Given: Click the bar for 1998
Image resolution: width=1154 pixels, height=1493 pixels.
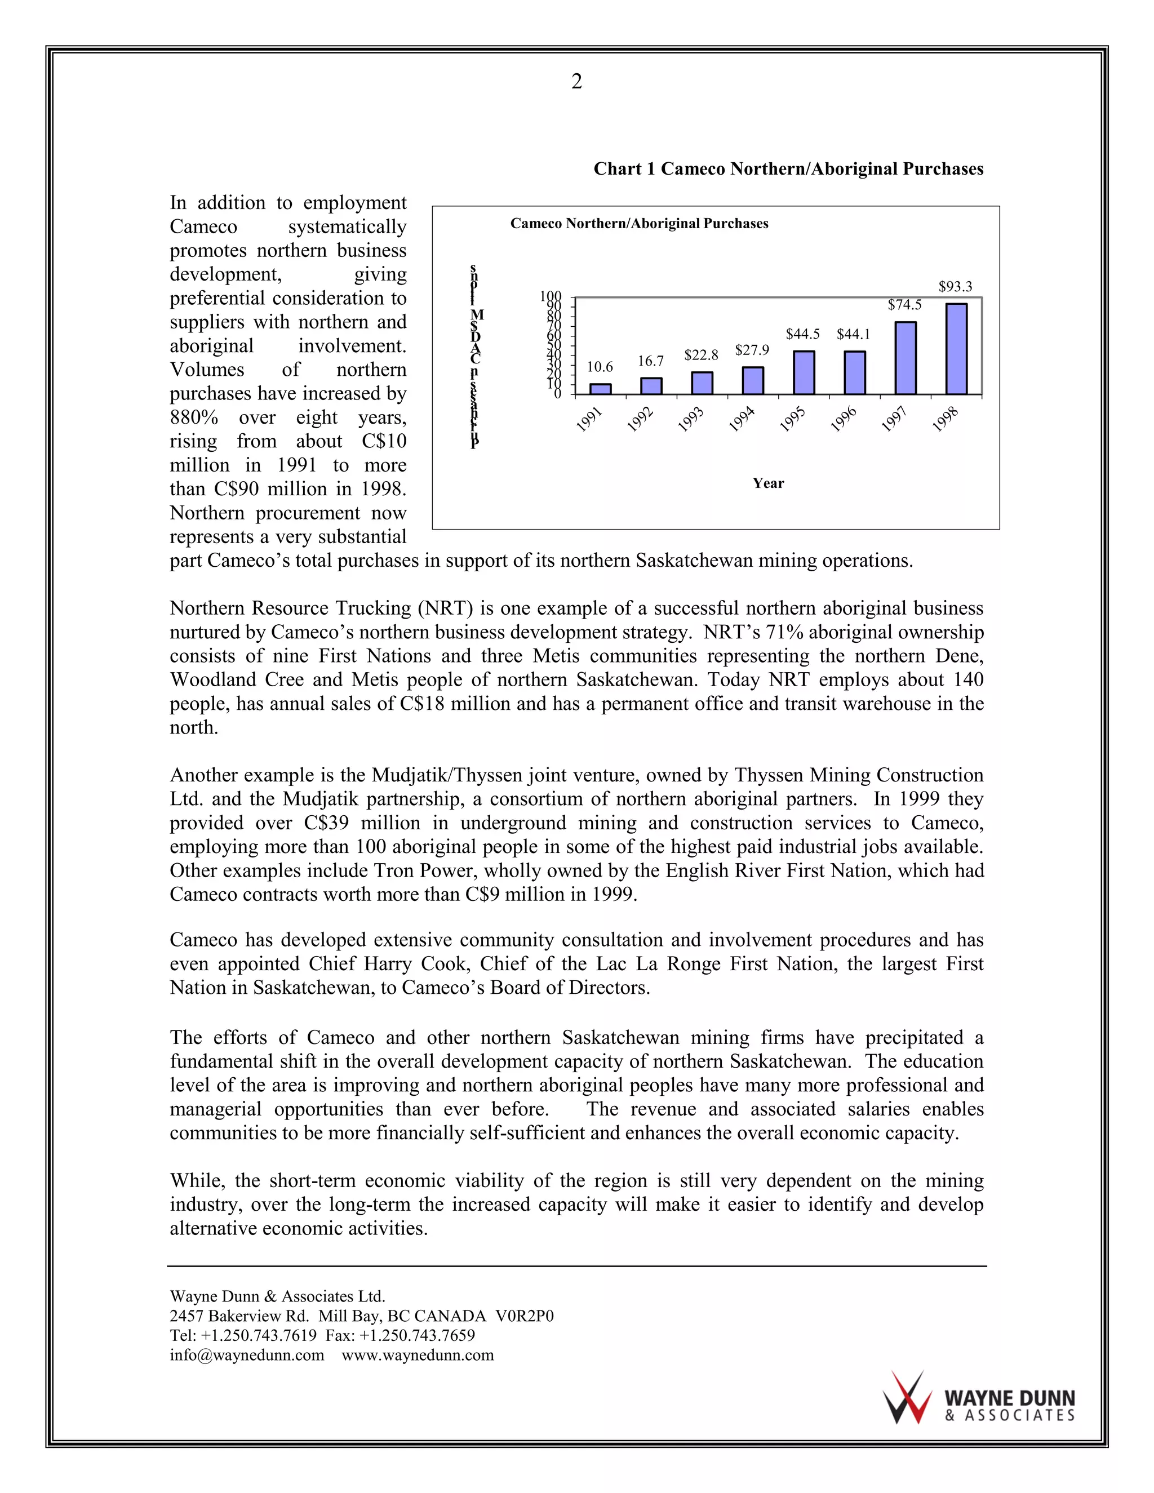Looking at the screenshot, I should tap(956, 349).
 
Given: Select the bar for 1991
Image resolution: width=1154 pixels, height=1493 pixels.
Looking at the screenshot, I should tap(600, 389).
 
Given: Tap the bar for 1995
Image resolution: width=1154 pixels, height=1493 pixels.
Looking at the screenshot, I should tap(804, 372).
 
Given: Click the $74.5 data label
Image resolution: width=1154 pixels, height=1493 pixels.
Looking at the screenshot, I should tap(904, 305).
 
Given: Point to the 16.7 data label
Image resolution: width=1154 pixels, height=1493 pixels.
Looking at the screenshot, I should tap(651, 361).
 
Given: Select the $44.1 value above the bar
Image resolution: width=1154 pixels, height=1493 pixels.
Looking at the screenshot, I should tap(853, 334).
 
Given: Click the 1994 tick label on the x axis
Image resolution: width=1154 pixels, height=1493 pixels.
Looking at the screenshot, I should tap(742, 419).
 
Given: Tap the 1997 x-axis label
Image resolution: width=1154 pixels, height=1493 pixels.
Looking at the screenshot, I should tap(894, 419).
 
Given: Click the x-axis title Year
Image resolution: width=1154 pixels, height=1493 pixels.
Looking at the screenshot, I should tap(768, 483).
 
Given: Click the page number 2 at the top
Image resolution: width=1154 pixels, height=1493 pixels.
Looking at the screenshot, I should tap(576, 82).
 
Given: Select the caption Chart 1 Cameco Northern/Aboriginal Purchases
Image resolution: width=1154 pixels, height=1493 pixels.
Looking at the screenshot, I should tap(788, 169).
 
